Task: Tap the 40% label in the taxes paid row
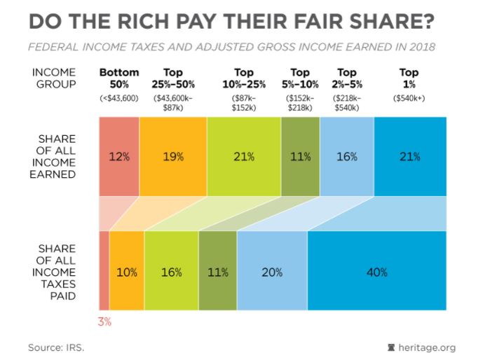376,272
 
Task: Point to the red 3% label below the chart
104,321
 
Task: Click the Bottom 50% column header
119,78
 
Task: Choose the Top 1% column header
409,78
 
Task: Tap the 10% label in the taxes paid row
126,272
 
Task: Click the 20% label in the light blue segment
272,272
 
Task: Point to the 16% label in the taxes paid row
172,272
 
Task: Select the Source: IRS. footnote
55,347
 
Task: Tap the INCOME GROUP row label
54,78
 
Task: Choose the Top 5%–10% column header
300,78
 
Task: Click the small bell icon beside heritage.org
391,347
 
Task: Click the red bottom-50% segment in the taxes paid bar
104,270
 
